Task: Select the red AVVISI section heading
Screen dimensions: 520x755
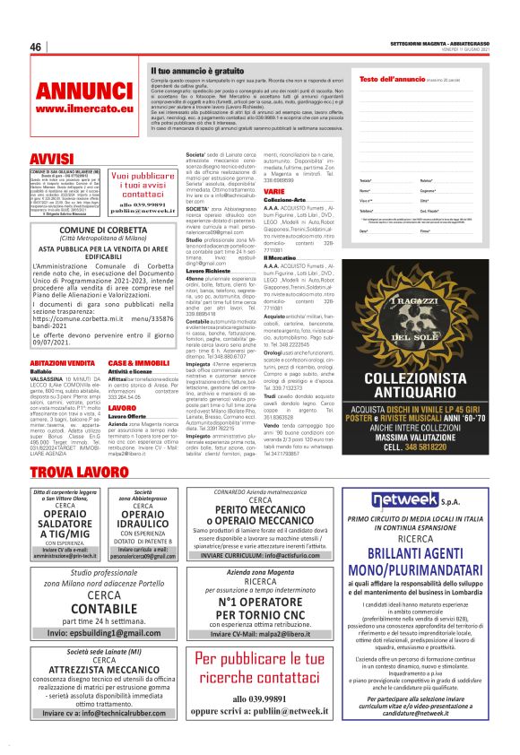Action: (x=51, y=159)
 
